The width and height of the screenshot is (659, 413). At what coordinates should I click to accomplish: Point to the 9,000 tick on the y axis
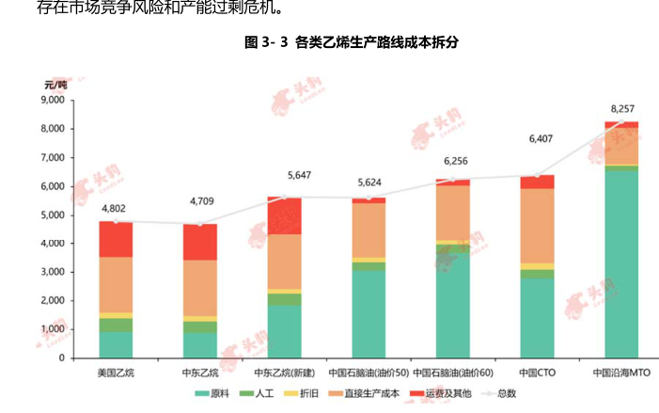(x=51, y=100)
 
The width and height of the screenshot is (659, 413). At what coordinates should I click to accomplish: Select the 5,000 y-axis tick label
(x=51, y=214)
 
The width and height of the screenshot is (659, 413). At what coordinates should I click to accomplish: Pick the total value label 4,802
(x=115, y=208)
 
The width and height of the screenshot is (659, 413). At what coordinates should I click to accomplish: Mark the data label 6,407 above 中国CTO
(x=539, y=138)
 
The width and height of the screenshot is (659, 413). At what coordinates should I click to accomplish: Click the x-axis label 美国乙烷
(x=116, y=373)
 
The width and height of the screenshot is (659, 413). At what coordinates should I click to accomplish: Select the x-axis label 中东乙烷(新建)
(x=285, y=373)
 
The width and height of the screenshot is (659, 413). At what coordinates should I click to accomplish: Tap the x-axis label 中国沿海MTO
(x=621, y=373)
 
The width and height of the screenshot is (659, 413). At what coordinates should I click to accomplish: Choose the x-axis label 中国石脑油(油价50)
(x=369, y=373)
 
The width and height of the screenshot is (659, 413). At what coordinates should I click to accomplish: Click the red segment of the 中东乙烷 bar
(x=199, y=242)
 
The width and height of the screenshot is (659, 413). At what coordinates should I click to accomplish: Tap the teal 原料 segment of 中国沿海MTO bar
(x=621, y=263)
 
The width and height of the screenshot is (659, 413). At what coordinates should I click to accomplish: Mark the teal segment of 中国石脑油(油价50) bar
(x=369, y=314)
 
